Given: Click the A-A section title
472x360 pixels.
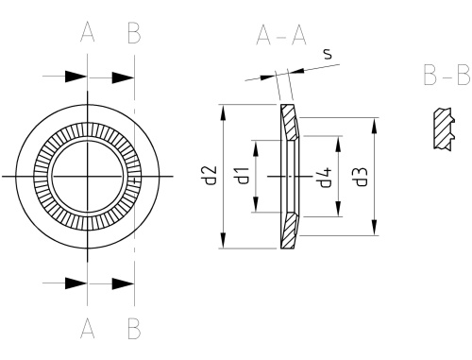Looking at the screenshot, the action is tap(281, 36).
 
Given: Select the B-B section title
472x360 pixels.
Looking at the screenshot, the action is tap(447, 75).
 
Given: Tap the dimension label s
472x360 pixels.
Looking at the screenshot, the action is tap(328, 54).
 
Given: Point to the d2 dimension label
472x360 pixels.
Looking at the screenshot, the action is tap(210, 175).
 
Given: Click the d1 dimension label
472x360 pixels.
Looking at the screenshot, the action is tap(242, 176).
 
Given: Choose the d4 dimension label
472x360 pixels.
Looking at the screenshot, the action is tap(325, 177).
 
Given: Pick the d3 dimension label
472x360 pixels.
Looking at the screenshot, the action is tap(361, 177).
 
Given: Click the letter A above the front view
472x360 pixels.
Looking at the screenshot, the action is tap(88, 33).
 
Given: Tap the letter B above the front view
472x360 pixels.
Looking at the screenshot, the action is tap(134, 33).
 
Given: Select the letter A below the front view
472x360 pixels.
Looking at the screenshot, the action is tap(88, 328).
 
